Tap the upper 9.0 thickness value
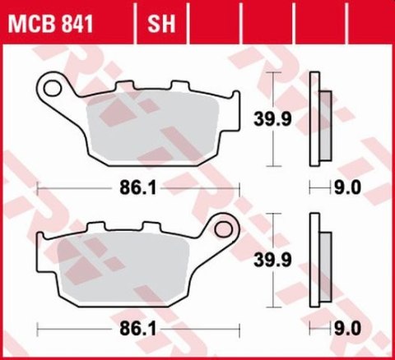349,188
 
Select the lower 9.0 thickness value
349,330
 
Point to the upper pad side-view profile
317,119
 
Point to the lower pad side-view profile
317,261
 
